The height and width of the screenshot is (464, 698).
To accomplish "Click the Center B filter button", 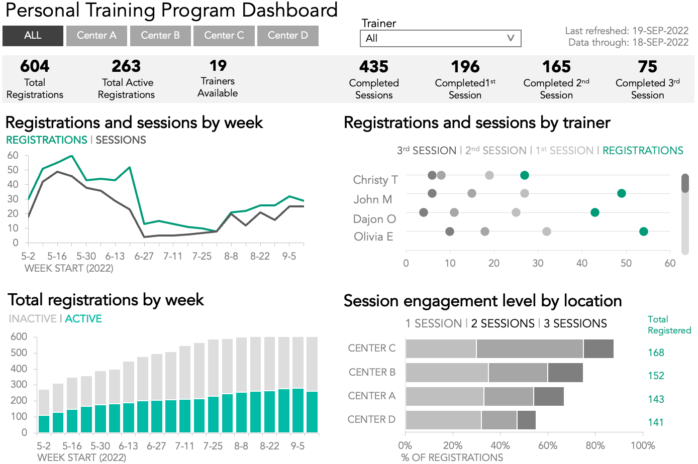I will pos(160,36).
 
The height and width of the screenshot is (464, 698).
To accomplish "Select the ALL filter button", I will pos(33,36).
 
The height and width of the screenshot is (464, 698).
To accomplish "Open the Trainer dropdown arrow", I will pos(510,38).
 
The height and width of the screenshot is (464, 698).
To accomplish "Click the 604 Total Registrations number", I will pos(35,66).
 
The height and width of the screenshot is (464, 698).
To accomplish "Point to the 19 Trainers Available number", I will pos(218,66).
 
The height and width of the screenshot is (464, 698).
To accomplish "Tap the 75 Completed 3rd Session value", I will pos(647,67).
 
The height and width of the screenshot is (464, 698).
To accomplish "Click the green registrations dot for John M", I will pos(622,193).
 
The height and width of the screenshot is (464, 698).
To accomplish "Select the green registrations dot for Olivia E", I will pos(644,231).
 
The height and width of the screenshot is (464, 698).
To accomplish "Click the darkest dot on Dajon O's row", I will pos(424,212).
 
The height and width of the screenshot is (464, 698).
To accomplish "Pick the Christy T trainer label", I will pos(375,180).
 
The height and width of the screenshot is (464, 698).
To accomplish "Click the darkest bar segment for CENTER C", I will pos(599,349).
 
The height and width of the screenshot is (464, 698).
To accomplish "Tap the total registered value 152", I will pos(656,376).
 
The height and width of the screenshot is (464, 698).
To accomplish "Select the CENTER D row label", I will pos(371,419).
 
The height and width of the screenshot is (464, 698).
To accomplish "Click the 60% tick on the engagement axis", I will pos(548,445).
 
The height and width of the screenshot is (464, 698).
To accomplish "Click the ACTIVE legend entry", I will pos(83,319).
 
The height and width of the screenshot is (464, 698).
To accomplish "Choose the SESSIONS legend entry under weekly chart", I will pos(121,140).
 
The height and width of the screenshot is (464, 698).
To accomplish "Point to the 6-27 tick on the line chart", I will pos(144,256).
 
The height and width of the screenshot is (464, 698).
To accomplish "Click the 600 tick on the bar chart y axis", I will pos(19,336).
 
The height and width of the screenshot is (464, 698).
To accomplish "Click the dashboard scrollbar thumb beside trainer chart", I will pos(685,183).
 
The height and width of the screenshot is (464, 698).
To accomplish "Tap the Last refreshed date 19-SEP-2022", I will pos(660,31).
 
